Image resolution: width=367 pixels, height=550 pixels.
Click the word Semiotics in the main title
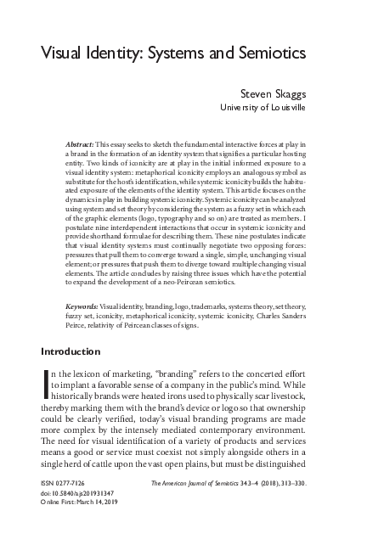coord(266,52)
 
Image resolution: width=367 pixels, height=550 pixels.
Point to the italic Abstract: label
coord(82,146)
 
